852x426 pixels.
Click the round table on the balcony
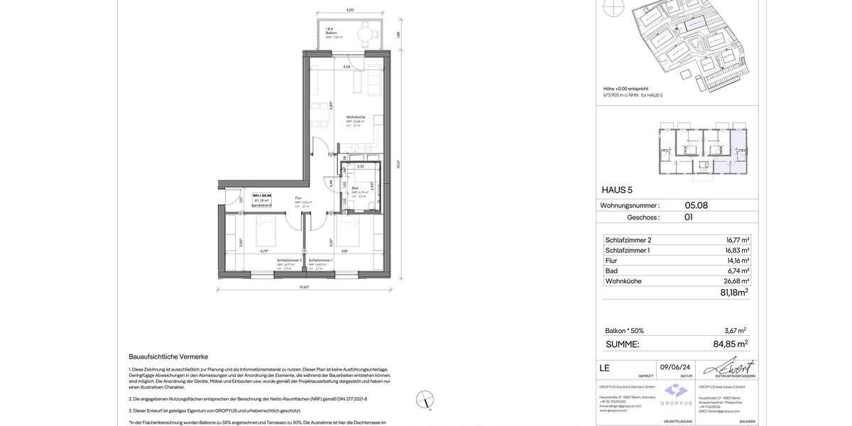pos(364,33)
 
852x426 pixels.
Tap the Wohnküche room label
pos(356,117)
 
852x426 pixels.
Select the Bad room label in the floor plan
pos(355,188)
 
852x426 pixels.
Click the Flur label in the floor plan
pos(298,198)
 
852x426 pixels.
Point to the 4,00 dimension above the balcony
pos(349,10)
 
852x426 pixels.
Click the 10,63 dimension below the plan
pos(304,287)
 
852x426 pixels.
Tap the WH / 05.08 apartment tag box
pos(262,200)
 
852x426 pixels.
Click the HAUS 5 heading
pos(617,190)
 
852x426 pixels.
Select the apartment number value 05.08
pos(696,206)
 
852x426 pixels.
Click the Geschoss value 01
pos(688,217)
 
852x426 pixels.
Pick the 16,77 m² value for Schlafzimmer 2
pos(737,240)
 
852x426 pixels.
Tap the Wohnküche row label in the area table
pos(623,281)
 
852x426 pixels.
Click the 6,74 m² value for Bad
pos(738,271)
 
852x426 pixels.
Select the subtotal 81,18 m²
pos(733,293)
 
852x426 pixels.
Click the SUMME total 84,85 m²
pos(730,344)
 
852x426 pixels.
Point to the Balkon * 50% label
pos(624,331)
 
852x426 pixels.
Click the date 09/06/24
pos(674,367)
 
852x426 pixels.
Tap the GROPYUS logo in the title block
pos(676,395)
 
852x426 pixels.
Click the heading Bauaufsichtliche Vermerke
pos(168,356)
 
